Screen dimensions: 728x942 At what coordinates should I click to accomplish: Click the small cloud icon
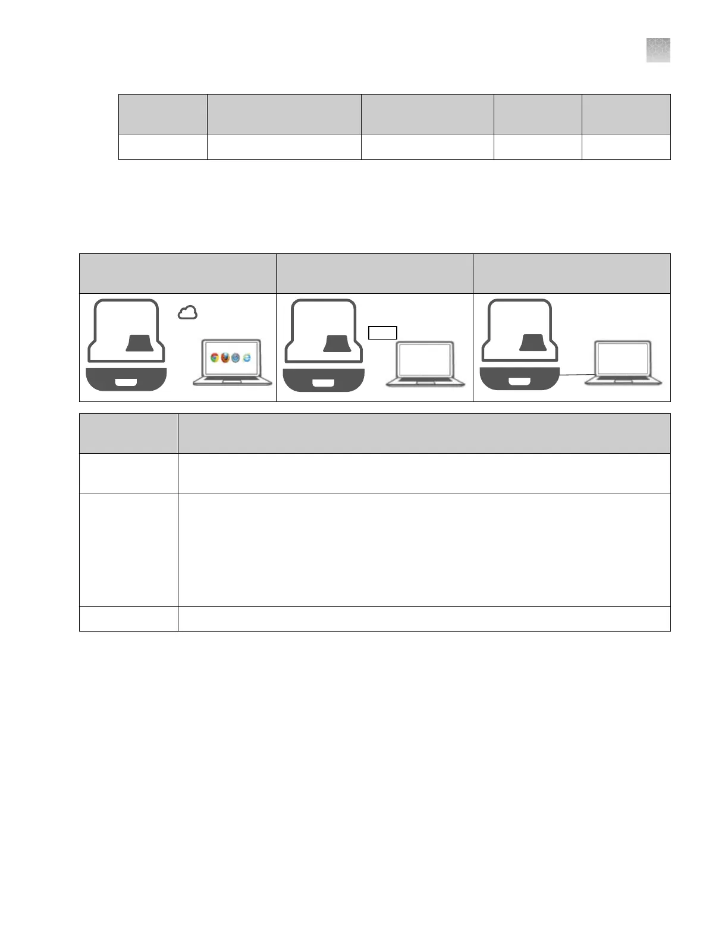[188, 312]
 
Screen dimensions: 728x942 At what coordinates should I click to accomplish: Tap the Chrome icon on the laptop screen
[215, 358]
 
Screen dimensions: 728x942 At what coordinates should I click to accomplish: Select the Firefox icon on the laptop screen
[225, 358]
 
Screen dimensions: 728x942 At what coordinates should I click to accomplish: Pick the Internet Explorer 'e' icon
[246, 358]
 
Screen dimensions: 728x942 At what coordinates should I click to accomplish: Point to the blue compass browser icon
[236, 358]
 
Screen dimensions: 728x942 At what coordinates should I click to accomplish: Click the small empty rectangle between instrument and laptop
[383, 333]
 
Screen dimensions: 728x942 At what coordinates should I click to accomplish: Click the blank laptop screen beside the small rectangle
[426, 361]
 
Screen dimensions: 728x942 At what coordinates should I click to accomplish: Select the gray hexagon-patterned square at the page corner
[658, 50]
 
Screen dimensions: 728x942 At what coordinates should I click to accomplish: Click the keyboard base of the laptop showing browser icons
[232, 381]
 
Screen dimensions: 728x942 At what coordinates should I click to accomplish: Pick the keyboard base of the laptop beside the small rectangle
[426, 382]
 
